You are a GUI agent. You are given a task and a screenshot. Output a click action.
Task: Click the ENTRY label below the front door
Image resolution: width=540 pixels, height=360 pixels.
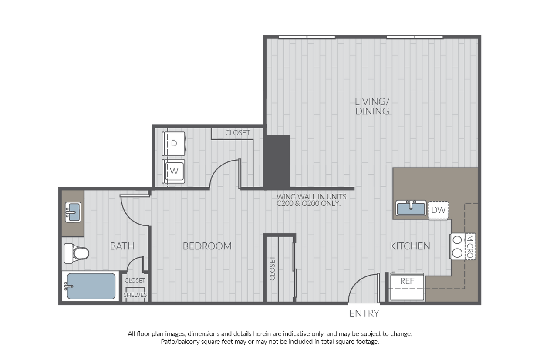pyautogui.click(x=364, y=313)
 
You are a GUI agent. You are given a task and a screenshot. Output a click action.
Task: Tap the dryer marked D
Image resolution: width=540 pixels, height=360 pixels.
pyautogui.click(x=173, y=143)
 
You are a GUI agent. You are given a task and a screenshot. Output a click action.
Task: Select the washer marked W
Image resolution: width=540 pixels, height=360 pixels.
pyautogui.click(x=174, y=171)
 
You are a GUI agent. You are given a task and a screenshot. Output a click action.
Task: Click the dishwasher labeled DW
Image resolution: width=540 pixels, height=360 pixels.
pyautogui.click(x=438, y=210)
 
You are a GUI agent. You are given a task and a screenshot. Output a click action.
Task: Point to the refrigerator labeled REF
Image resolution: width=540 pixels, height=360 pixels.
pyautogui.click(x=407, y=287)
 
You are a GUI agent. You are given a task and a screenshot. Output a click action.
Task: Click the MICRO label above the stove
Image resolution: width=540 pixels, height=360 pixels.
pyautogui.click(x=469, y=246)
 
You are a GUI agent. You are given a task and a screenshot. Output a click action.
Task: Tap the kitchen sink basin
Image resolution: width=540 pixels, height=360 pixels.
pyautogui.click(x=411, y=209)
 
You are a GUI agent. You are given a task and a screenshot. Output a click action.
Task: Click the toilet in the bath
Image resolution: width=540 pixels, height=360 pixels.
pyautogui.click(x=76, y=253)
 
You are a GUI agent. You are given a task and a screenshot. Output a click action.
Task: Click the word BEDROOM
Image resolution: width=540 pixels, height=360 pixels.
pyautogui.click(x=207, y=246)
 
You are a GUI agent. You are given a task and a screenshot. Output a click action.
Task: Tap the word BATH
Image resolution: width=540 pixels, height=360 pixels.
pyautogui.click(x=122, y=246)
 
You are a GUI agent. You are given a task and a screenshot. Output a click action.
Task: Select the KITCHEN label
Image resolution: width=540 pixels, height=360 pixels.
pyautogui.click(x=410, y=246)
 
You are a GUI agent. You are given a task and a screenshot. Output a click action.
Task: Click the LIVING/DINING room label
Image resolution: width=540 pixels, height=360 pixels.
pyautogui.click(x=372, y=106)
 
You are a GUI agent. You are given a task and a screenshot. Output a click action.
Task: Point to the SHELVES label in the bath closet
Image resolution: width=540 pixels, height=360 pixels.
pyautogui.click(x=135, y=295)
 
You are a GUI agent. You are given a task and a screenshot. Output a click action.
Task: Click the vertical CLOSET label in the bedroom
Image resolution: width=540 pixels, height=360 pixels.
pyautogui.click(x=273, y=268)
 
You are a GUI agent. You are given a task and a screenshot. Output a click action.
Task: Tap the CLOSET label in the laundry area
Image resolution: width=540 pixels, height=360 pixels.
pyautogui.click(x=238, y=133)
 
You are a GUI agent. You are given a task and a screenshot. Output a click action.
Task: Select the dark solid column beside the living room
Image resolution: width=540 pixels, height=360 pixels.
pyautogui.click(x=277, y=161)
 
